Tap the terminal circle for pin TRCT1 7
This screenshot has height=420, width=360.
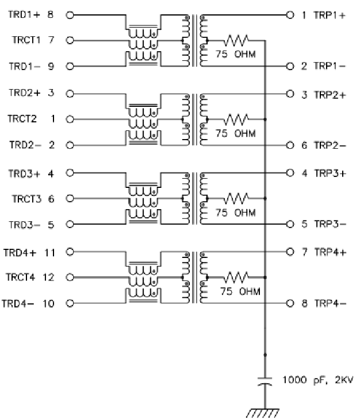click(x=70, y=40)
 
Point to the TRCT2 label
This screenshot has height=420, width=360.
click(x=22, y=119)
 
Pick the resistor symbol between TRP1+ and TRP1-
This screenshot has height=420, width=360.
click(x=235, y=40)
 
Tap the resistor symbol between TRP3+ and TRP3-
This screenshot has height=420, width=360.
click(x=235, y=199)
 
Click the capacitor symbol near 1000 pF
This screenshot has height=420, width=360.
click(x=265, y=382)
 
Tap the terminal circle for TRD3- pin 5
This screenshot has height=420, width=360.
click(x=70, y=225)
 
